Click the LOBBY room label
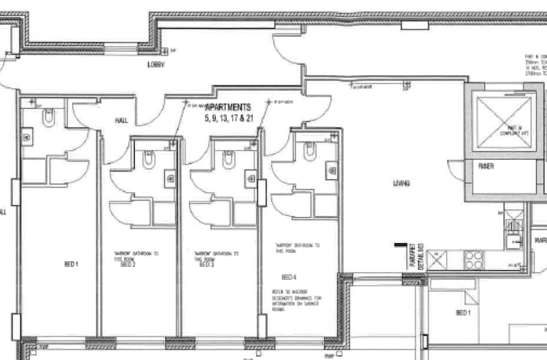click(155, 65)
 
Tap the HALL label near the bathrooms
click(122, 120)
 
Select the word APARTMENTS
click(227, 108)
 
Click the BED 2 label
click(127, 265)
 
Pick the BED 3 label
click(208, 265)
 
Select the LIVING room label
click(401, 183)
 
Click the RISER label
click(486, 167)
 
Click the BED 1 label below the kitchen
click(463, 312)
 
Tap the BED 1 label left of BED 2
click(71, 264)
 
